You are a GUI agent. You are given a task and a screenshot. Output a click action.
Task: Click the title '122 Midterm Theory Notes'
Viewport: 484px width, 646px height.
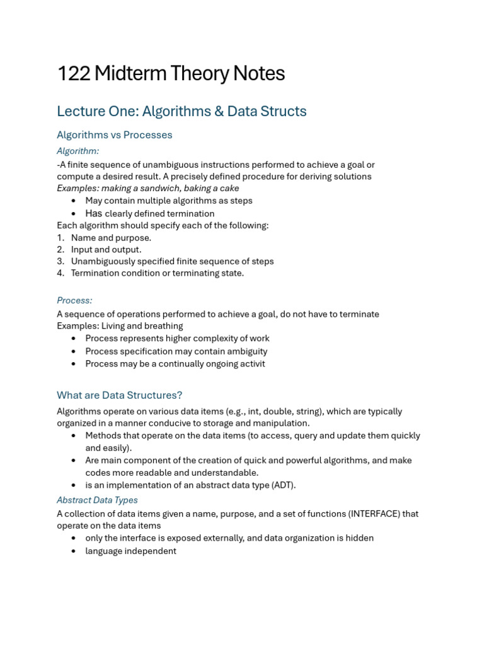pyautogui.click(x=171, y=74)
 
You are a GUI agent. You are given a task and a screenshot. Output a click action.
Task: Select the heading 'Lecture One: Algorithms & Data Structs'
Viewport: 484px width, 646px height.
pyautogui.click(x=181, y=112)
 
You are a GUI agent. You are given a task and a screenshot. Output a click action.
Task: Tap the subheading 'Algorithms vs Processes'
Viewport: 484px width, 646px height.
pyautogui.click(x=114, y=135)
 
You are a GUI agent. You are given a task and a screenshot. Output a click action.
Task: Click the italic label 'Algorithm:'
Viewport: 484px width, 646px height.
pyautogui.click(x=78, y=151)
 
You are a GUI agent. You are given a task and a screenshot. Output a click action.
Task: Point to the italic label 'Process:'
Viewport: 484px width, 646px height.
pyautogui.click(x=74, y=301)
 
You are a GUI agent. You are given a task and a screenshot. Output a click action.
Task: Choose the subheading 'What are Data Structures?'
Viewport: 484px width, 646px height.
pyautogui.click(x=119, y=396)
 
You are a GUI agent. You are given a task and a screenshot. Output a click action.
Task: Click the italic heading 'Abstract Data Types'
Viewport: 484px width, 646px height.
pyautogui.click(x=97, y=500)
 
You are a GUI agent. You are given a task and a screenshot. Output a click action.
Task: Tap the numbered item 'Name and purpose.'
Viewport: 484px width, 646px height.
pyautogui.click(x=111, y=238)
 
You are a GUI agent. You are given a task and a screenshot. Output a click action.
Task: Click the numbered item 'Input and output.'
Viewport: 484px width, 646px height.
pyautogui.click(x=106, y=250)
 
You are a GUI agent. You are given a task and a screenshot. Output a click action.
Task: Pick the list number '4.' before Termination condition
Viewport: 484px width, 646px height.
pyautogui.click(x=60, y=274)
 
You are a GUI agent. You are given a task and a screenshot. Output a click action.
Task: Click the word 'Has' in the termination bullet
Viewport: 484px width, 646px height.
pyautogui.click(x=93, y=214)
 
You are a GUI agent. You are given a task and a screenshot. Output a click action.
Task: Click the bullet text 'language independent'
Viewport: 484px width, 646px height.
pyautogui.click(x=130, y=551)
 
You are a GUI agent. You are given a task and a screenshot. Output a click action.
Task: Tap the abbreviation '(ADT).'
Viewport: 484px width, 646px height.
pyautogui.click(x=283, y=486)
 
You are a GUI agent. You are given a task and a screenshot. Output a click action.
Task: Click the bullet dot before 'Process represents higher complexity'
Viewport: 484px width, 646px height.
pyautogui.click(x=74, y=339)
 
